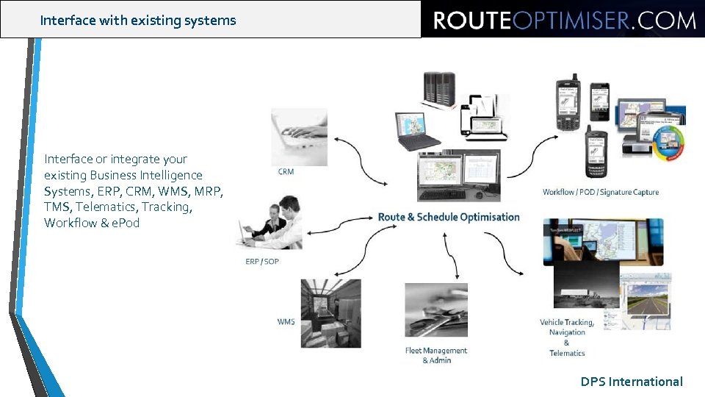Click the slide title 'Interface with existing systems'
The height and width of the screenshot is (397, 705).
pos(138,21)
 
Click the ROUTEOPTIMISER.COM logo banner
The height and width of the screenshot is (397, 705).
pos(563,20)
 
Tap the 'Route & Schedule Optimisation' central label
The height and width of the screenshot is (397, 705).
pos(448,217)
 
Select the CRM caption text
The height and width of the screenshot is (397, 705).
pos(286,172)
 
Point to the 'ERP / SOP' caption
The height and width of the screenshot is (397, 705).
pos(262,262)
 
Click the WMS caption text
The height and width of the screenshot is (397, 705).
pos(286,322)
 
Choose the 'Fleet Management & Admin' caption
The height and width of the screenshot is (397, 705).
pos(435,355)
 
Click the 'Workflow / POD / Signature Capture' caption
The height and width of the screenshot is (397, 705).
pos(600,193)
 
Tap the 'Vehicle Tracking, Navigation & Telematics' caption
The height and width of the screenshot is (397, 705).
pos(567,337)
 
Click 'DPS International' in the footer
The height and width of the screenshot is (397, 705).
pos(632,382)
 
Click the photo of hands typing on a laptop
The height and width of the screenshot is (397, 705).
pos(299,137)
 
